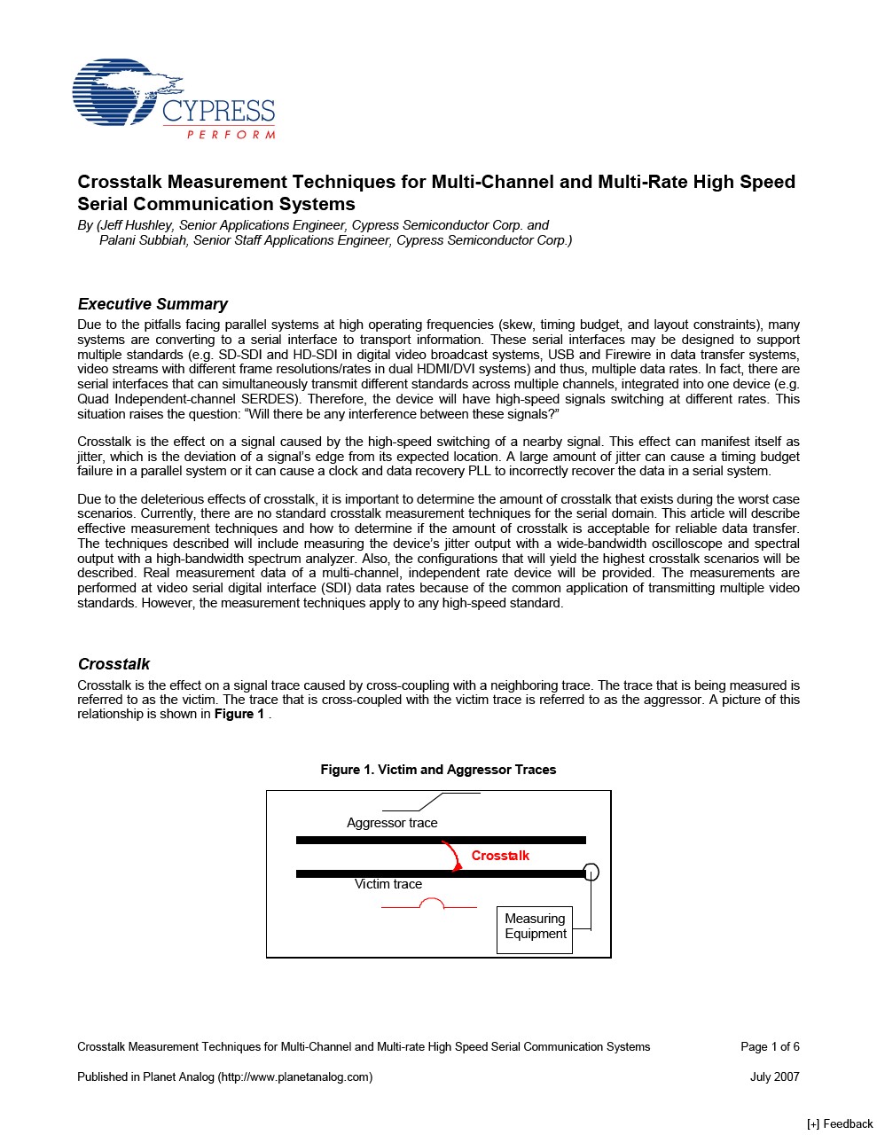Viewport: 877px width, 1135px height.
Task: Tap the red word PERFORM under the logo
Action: [231, 135]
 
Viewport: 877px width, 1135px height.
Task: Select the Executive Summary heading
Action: [153, 304]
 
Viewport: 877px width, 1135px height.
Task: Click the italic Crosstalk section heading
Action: [114, 664]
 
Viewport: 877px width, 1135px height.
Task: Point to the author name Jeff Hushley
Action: [136, 225]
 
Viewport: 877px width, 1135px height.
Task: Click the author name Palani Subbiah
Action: [144, 240]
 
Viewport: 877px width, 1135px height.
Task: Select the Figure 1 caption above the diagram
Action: [438, 770]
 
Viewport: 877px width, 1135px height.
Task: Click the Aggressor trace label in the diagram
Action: [392, 823]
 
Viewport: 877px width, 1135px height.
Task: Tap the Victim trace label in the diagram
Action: [388, 884]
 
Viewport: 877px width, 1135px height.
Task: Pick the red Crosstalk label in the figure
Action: [500, 856]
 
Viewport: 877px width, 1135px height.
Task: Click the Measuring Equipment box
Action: [535, 928]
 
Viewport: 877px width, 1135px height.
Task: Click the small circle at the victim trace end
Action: [591, 873]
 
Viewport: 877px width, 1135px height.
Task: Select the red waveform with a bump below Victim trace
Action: [430, 904]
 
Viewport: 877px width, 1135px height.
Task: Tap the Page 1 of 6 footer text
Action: [770, 1047]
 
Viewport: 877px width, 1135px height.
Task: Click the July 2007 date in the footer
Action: [774, 1077]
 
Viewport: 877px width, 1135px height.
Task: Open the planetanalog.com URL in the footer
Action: [295, 1077]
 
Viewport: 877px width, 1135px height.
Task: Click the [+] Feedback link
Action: [840, 1124]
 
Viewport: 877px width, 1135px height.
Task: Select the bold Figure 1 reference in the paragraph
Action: [239, 715]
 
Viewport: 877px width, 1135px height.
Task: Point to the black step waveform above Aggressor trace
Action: [431, 802]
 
